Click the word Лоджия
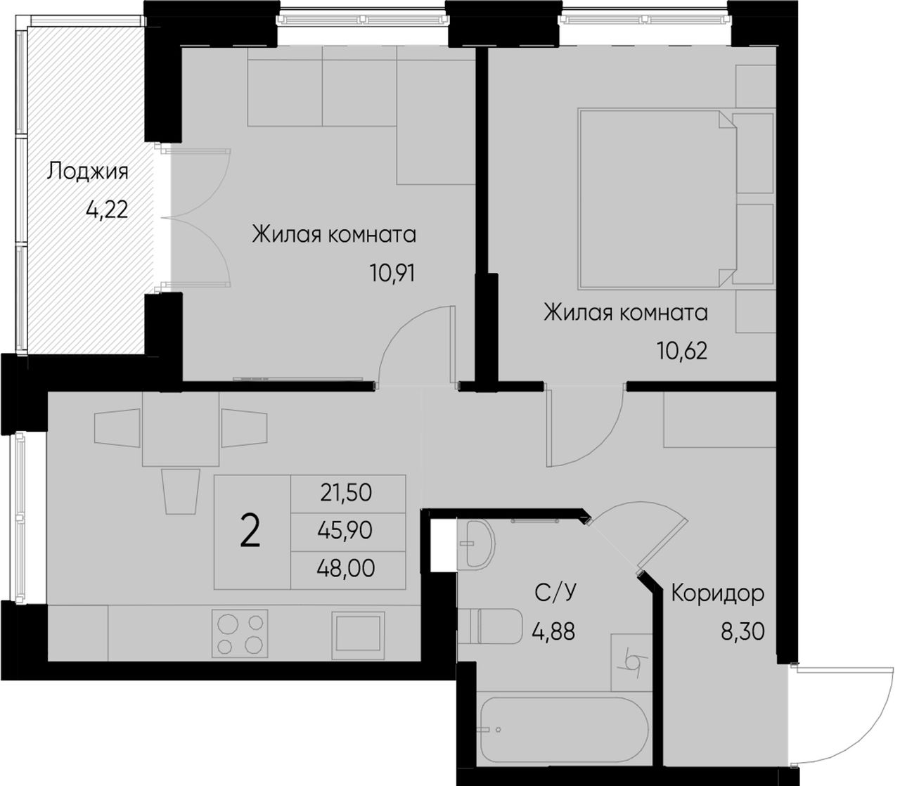coord(87,172)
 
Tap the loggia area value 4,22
coord(107,209)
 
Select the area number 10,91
coord(392,273)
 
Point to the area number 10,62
coord(682,351)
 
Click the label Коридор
coord(717,594)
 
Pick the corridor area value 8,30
coord(742,631)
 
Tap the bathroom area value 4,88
coord(553,632)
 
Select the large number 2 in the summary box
coord(251,531)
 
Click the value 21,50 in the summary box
coord(346,492)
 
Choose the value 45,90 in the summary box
coord(345,530)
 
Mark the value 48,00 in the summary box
coord(346,568)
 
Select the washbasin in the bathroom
coord(477,543)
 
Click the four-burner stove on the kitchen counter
coord(240,633)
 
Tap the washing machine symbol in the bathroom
coord(631,662)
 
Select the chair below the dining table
coord(181,491)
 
